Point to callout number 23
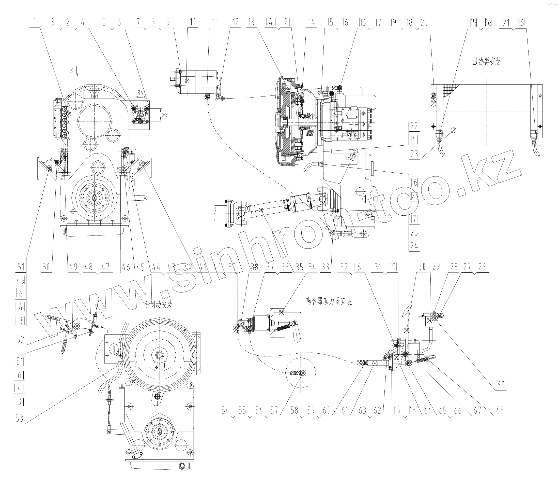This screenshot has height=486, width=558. pos(414,154)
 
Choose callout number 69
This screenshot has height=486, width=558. pos(501,385)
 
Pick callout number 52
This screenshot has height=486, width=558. pos(20,340)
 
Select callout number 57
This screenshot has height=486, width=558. pos(274,410)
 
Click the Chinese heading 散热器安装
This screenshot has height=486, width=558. pos(487,62)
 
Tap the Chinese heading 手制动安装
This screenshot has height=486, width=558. pos(158,305)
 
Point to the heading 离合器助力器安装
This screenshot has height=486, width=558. pos(329,301)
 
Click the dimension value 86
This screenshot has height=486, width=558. pos(140,93)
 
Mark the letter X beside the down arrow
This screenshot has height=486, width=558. pos(72,70)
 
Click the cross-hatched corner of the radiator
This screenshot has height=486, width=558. pos(449,88)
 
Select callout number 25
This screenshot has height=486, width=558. pos(414,232)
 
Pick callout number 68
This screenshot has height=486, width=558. pos(500,410)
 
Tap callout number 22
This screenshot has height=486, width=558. pos(414,126)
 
